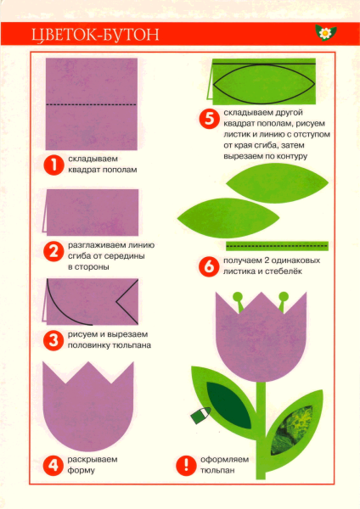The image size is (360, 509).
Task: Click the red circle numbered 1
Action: coord(53,165)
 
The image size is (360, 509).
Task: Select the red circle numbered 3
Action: coord(53,340)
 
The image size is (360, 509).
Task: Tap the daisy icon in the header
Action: coord(324,33)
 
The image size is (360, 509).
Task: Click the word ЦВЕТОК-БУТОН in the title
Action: coord(93,35)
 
